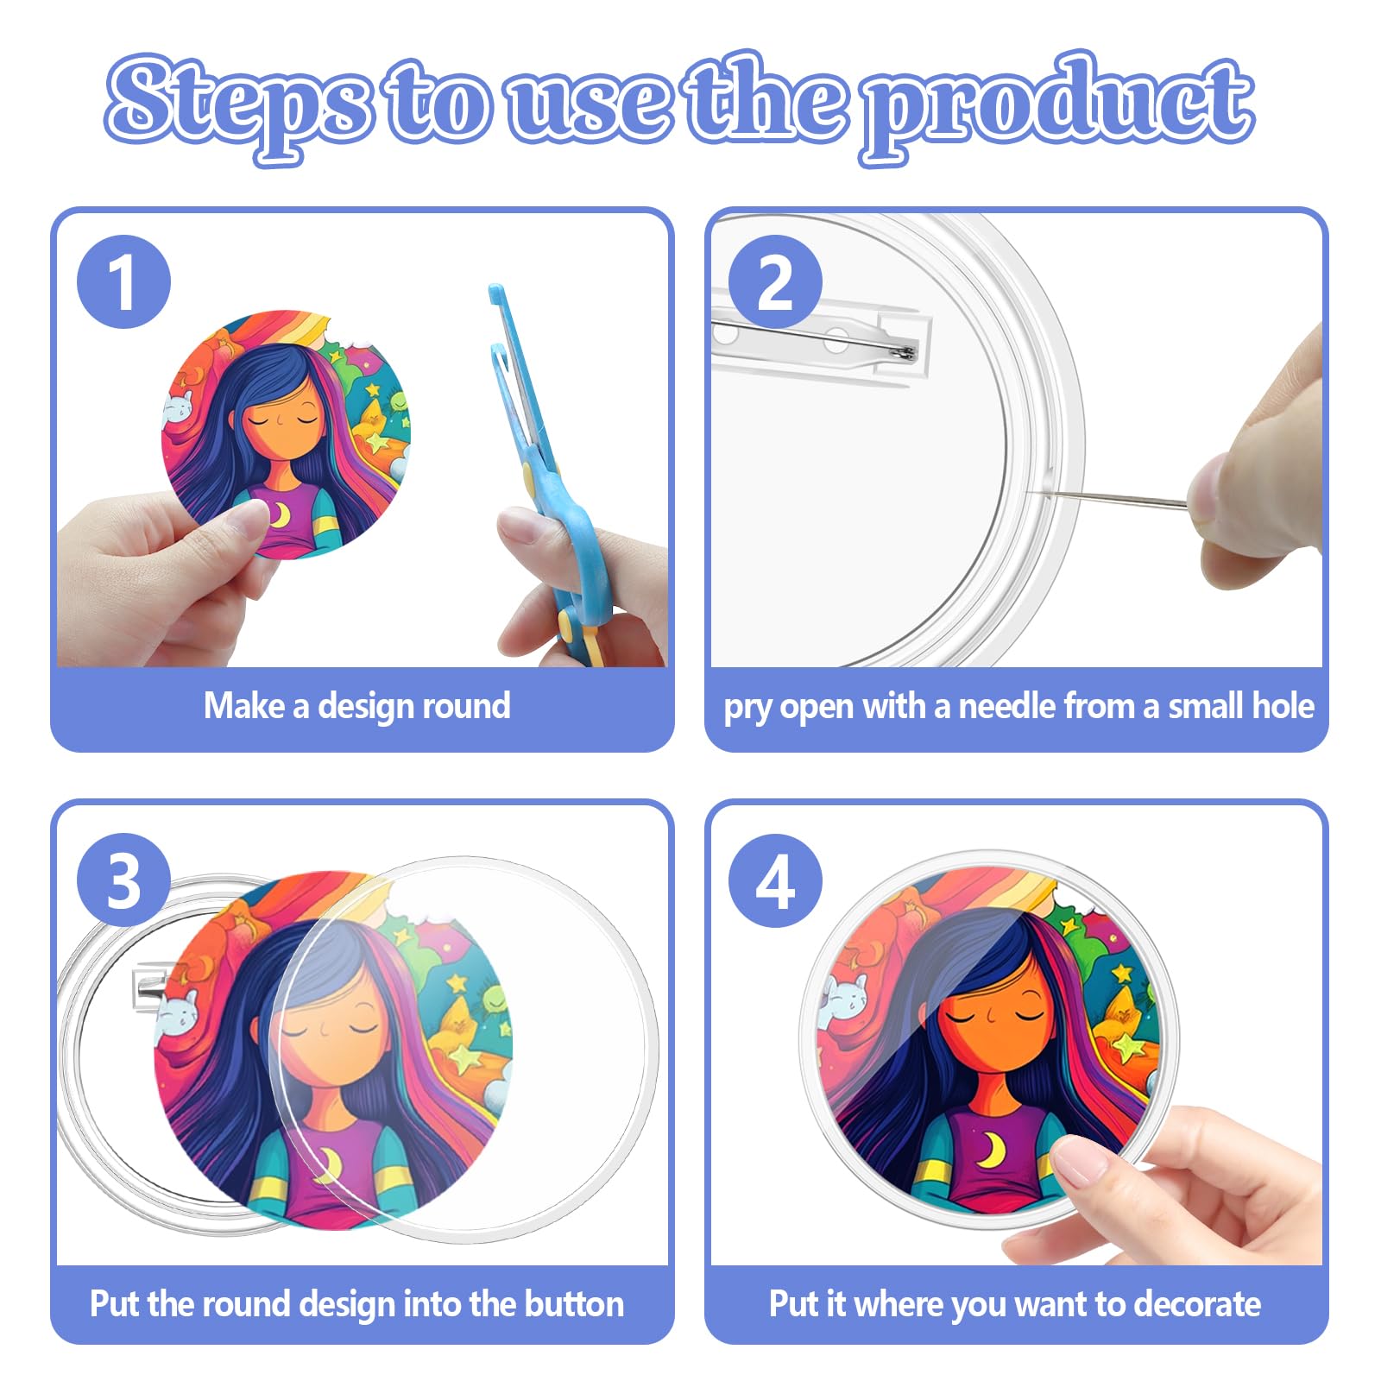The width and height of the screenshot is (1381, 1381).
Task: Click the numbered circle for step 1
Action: pyautogui.click(x=123, y=281)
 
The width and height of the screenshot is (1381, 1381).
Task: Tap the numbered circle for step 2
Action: pyautogui.click(x=774, y=281)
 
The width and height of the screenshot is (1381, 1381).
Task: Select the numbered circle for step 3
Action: pyautogui.click(x=123, y=880)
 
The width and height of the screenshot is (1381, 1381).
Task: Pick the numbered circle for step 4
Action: pyautogui.click(x=774, y=880)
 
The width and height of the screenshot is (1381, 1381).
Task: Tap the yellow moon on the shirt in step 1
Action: pyautogui.click(x=279, y=514)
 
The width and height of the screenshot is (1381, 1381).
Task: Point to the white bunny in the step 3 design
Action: pyautogui.click(x=177, y=1011)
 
